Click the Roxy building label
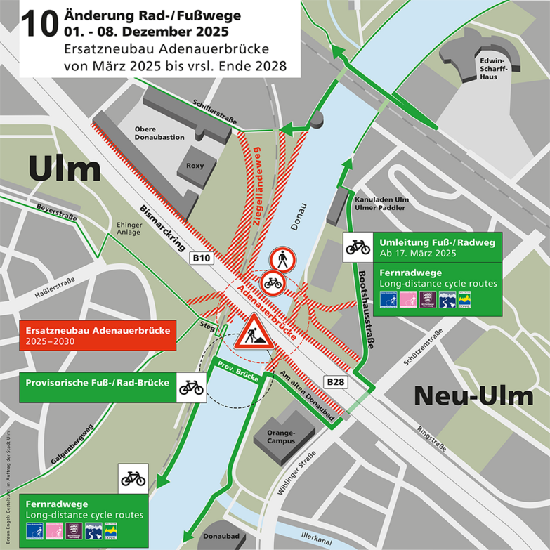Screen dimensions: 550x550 click(195, 166)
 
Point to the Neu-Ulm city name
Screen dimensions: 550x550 click(473, 396)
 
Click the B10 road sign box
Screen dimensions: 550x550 click(202, 258)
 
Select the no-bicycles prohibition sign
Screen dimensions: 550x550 click(273, 284)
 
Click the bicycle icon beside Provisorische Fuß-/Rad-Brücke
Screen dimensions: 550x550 click(190, 388)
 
